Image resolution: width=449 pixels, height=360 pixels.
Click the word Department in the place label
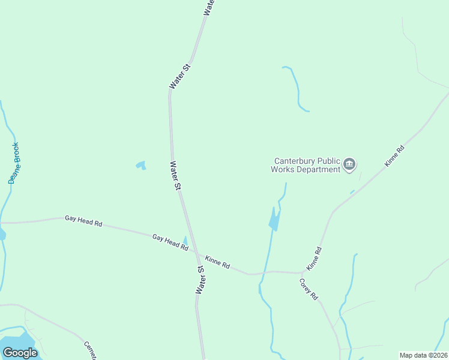(321, 170)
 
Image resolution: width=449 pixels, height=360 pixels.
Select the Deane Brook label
(13, 163)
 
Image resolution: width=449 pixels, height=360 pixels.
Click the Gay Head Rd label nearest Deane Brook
(83, 221)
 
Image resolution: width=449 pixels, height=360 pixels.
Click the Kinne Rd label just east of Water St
(217, 262)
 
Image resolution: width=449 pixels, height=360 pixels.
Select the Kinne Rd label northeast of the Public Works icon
(395, 155)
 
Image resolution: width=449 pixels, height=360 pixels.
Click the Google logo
(20, 352)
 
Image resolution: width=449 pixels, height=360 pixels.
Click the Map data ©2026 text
(423, 355)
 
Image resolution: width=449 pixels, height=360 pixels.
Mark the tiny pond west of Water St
(141, 164)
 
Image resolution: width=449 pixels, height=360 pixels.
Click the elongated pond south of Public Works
(274, 220)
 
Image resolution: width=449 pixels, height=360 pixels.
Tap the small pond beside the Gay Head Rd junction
(185, 242)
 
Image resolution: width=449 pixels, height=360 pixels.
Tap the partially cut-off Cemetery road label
(91, 351)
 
